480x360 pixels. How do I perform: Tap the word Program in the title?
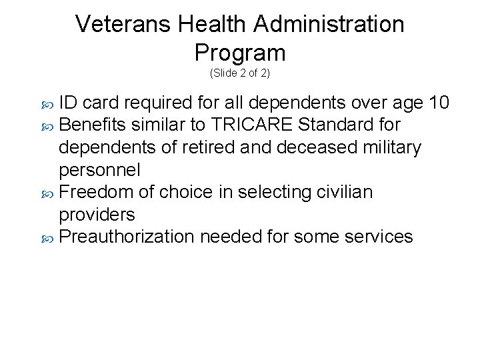[x=240, y=53]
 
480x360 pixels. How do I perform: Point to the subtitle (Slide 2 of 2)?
[x=240, y=73]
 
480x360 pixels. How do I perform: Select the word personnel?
[x=100, y=170]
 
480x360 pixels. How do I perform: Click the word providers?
[x=97, y=215]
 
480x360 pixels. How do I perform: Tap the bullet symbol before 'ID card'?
[x=47, y=104]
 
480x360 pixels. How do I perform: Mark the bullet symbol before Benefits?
[x=47, y=126]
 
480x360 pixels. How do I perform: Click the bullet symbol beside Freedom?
[x=47, y=193]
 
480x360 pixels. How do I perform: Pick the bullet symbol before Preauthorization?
[x=47, y=238]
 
